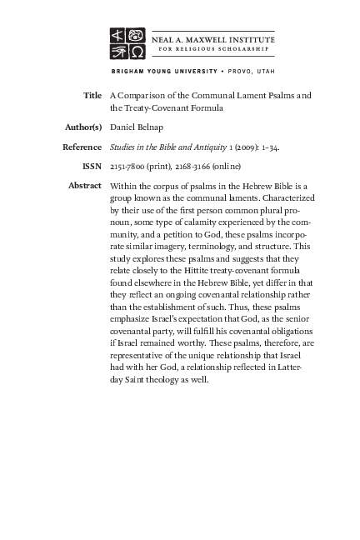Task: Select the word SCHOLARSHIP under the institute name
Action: pos(239,48)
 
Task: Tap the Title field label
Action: pos(92,96)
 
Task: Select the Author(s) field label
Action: pos(82,127)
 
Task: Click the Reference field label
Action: pos(82,147)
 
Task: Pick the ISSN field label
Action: pos(91,167)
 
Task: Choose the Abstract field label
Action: pos(84,186)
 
